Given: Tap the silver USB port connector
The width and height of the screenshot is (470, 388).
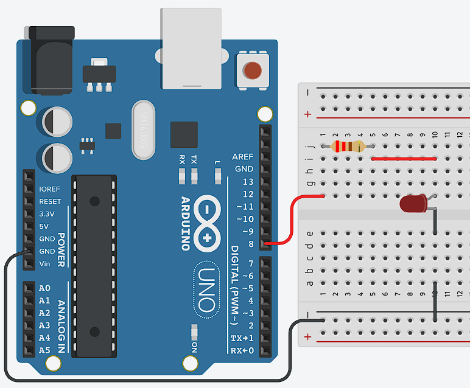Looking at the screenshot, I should (191, 49).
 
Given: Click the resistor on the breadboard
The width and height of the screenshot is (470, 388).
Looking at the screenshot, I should (348, 146).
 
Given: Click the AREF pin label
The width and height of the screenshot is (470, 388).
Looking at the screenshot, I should (243, 157).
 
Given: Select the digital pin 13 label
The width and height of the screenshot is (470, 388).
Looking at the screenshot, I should (248, 182).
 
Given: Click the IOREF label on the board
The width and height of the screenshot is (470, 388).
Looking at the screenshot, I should (50, 189).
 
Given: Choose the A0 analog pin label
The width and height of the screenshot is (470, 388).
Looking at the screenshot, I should (44, 288).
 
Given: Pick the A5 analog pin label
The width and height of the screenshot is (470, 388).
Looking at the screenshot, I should (44, 350).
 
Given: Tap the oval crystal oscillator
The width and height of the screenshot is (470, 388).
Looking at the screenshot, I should (144, 130).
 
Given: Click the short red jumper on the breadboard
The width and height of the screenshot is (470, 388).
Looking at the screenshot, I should (404, 159).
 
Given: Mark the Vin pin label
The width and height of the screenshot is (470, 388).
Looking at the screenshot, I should (44, 263).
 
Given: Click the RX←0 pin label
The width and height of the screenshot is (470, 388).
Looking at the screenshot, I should (242, 350).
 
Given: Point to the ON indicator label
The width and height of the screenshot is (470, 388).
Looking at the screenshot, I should (195, 348).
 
